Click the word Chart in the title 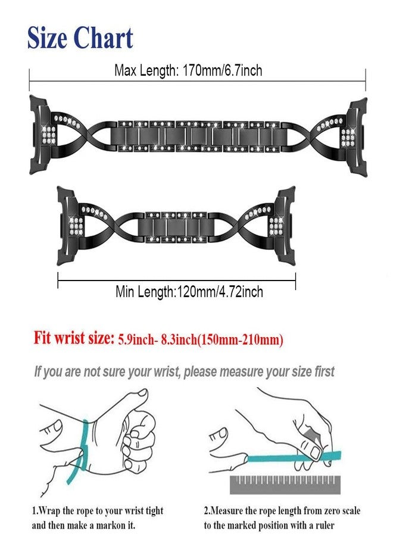click(103, 38)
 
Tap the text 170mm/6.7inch click(223, 70)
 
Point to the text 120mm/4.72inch click(219, 292)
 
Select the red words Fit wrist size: click(73, 338)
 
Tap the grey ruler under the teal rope click(285, 484)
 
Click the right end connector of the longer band click(356, 137)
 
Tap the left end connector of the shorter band click(67, 226)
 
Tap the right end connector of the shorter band click(284, 226)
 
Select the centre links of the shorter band click(176, 228)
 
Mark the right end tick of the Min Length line click(295, 281)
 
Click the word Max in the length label click(126, 70)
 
